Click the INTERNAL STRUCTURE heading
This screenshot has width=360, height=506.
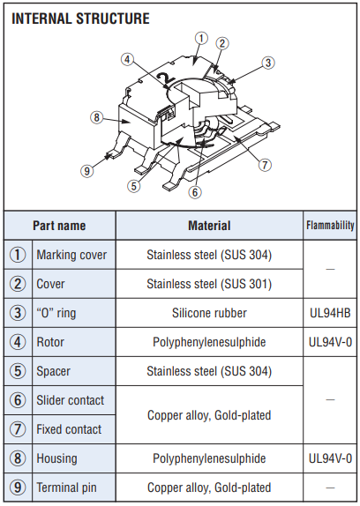(80, 19)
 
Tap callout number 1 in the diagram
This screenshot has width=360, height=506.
(201, 39)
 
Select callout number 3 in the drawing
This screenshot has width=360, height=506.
(268, 63)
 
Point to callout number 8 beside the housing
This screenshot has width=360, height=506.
(96, 117)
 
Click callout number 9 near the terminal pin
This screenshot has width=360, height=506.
(86, 170)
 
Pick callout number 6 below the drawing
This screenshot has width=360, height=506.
(195, 192)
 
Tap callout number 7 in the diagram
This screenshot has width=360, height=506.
(265, 165)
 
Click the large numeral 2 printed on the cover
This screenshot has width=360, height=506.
(166, 78)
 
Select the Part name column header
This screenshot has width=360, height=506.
(59, 226)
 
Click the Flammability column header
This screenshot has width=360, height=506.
(330, 226)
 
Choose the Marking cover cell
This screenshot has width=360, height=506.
(71, 255)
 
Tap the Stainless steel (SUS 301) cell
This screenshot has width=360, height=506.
(209, 284)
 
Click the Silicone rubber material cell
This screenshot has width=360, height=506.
(209, 313)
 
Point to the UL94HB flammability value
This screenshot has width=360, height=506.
(330, 313)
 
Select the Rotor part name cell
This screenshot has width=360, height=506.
(50, 342)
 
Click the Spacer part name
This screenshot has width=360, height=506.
(53, 371)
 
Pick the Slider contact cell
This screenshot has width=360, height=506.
(70, 400)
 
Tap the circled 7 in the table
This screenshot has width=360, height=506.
(18, 429)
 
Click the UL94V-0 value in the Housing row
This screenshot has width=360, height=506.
(330, 458)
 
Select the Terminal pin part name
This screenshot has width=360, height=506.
(66, 487)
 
